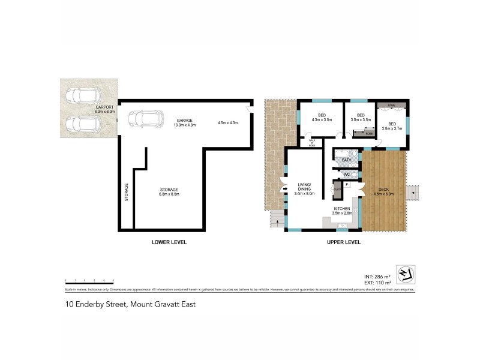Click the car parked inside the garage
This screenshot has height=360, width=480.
(146, 118)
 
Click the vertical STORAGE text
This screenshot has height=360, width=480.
(126, 192)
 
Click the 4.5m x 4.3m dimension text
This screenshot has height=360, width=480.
(228, 123)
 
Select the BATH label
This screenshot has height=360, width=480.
(346, 160)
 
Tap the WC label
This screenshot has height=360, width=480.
(346, 174)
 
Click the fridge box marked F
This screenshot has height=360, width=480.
(347, 184)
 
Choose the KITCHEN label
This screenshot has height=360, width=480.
(342, 209)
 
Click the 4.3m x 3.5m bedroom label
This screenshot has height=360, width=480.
(322, 118)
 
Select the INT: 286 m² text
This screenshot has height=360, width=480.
(378, 277)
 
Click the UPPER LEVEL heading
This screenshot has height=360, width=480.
(343, 242)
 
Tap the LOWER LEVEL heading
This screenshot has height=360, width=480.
(169, 242)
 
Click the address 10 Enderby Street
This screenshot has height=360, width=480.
(130, 304)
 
